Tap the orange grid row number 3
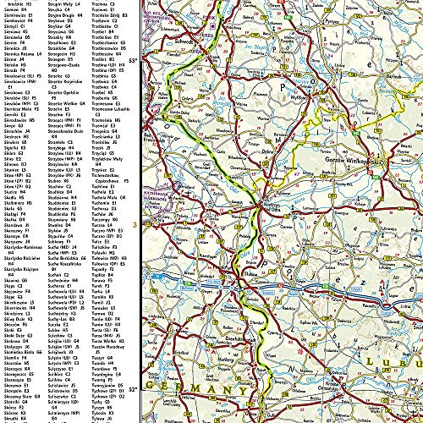tap(135, 224)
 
